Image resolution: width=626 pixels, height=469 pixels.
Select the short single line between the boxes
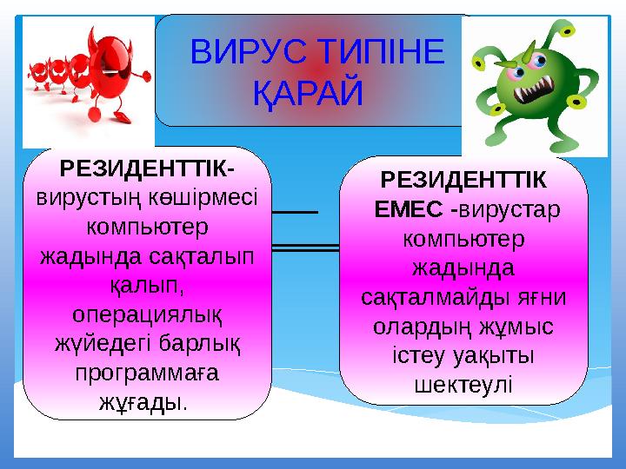[x=296, y=211]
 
